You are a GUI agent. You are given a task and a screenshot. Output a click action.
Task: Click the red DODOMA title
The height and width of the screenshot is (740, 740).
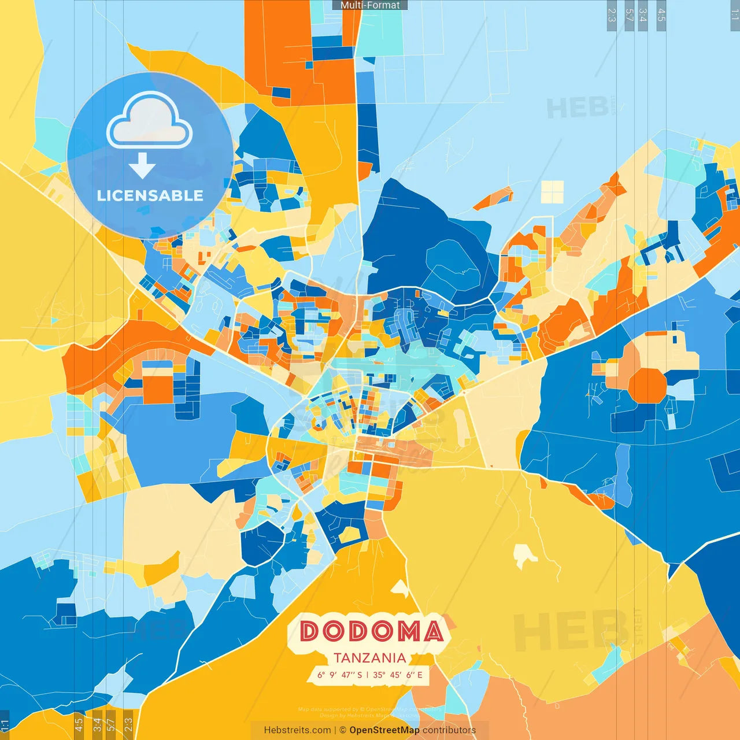pyautogui.click(x=372, y=631)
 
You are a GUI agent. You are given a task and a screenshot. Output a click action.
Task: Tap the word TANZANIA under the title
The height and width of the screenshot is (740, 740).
pyautogui.click(x=369, y=658)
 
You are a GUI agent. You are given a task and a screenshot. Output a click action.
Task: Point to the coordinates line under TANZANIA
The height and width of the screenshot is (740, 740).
pyautogui.click(x=369, y=675)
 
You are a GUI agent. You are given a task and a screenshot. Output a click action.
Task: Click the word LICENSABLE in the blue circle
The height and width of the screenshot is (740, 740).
pyautogui.click(x=150, y=195)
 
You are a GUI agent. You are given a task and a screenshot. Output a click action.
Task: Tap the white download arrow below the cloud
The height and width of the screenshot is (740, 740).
pyautogui.click(x=142, y=165)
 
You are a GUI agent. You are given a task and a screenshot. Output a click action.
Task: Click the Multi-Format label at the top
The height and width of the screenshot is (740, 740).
pyautogui.click(x=370, y=5)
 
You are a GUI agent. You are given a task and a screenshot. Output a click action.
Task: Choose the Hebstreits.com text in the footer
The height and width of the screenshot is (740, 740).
pyautogui.click(x=297, y=730)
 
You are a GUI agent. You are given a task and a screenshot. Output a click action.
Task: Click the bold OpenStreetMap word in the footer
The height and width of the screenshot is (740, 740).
pyautogui.click(x=384, y=730)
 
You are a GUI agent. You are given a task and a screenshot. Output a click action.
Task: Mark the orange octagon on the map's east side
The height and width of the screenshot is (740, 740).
pyautogui.click(x=647, y=385)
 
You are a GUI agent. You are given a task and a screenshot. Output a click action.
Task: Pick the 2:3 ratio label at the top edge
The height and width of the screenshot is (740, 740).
pyautogui.click(x=612, y=15)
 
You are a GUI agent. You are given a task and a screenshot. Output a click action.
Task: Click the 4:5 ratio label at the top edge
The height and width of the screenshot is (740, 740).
pyautogui.click(x=661, y=15)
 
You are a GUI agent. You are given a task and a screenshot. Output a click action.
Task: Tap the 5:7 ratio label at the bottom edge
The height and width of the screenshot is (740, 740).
pyautogui.click(x=111, y=725)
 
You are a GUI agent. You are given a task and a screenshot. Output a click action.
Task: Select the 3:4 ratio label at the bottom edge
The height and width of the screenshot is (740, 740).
pyautogui.click(x=97, y=725)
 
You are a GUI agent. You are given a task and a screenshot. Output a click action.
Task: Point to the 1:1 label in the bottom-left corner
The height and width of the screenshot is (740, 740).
pyautogui.click(x=5, y=725)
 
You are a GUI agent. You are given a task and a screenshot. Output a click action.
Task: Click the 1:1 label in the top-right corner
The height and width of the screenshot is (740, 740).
pyautogui.click(x=735, y=15)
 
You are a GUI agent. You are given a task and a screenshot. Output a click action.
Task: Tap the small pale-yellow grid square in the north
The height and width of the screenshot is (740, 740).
pyautogui.click(x=552, y=192)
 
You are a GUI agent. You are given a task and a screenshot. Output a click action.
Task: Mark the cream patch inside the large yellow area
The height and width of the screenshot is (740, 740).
pyautogui.click(x=524, y=555)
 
